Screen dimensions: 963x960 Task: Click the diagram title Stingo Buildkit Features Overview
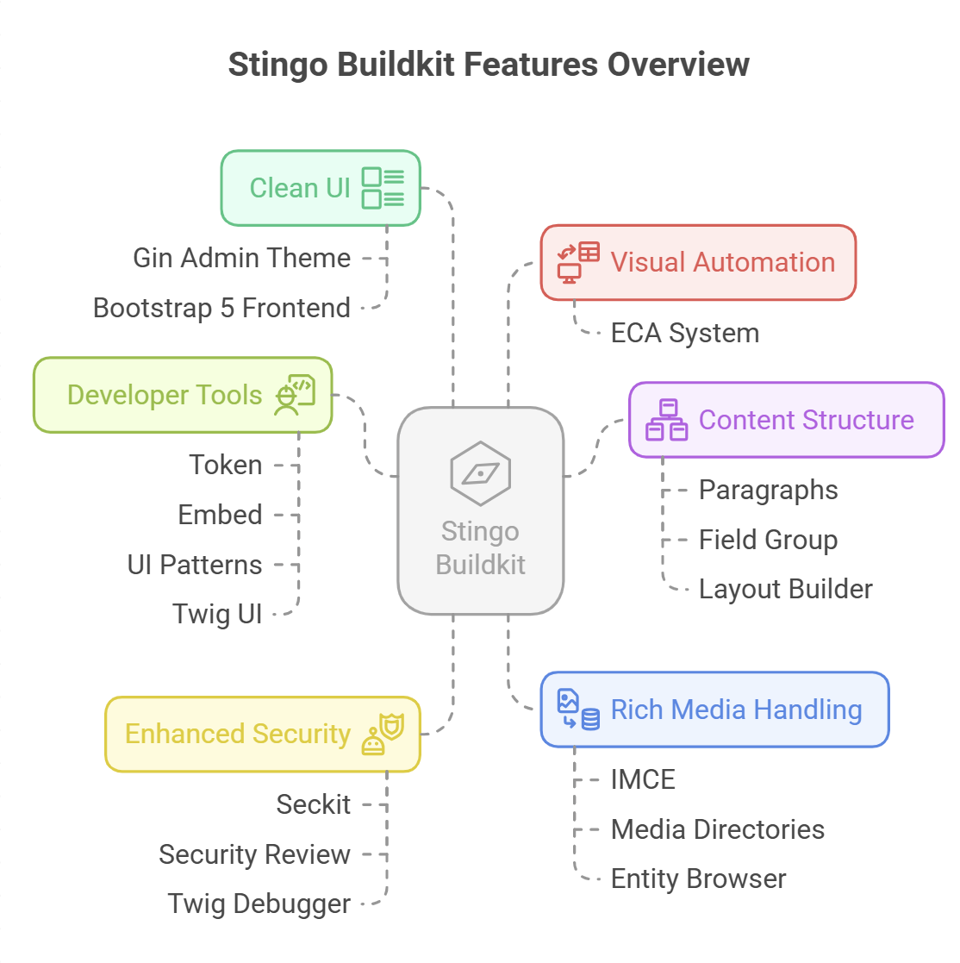(x=489, y=66)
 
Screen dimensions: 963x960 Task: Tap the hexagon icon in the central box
(x=480, y=473)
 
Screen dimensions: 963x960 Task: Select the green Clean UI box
(x=321, y=188)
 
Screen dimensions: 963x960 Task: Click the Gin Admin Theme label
(x=241, y=258)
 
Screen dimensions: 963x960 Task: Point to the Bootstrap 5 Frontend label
(x=221, y=308)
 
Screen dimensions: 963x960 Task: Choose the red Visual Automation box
(x=698, y=263)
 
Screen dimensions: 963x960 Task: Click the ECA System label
(x=684, y=333)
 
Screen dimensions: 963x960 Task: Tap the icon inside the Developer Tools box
(x=295, y=395)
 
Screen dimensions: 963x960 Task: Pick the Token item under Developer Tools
(x=225, y=465)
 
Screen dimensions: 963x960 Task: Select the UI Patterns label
(x=195, y=565)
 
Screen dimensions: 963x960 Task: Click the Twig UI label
(x=217, y=614)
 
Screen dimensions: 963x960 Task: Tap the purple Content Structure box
(x=786, y=420)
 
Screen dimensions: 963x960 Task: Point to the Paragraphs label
(x=768, y=490)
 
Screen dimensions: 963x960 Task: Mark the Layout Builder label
(x=785, y=589)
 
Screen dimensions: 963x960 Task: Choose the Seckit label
(x=313, y=804)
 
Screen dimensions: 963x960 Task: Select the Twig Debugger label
(x=259, y=904)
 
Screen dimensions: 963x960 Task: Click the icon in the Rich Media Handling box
(x=577, y=710)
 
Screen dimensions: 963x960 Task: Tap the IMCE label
(x=643, y=779)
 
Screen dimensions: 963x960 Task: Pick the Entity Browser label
(x=698, y=879)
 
